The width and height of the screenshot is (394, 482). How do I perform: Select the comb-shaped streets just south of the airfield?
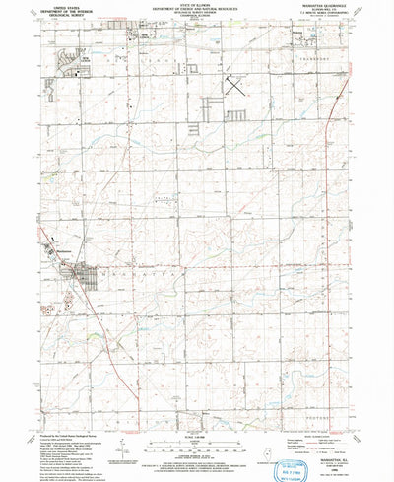click(236, 116)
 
